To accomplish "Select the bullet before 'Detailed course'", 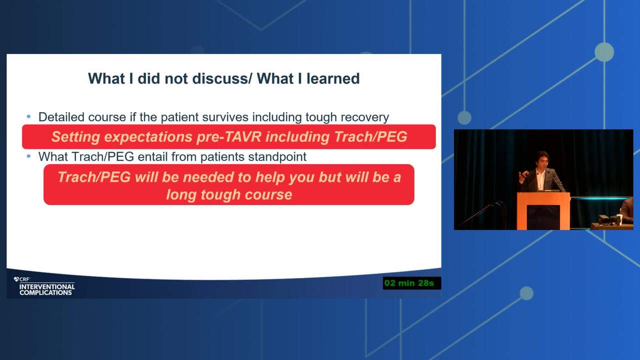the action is [28, 116].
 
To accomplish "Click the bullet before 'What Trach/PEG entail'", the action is [28, 156].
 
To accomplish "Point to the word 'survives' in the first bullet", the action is [226, 117].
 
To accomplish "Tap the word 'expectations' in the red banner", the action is [148, 137].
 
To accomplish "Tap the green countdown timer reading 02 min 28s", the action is [411, 283].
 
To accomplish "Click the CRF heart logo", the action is [16, 279].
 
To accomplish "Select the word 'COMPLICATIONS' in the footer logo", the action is [45, 293].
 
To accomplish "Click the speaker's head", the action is [542, 160].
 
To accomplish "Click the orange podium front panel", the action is [543, 211].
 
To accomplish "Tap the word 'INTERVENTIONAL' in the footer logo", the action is [47, 286].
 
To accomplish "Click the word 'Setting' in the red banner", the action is [75, 137].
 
